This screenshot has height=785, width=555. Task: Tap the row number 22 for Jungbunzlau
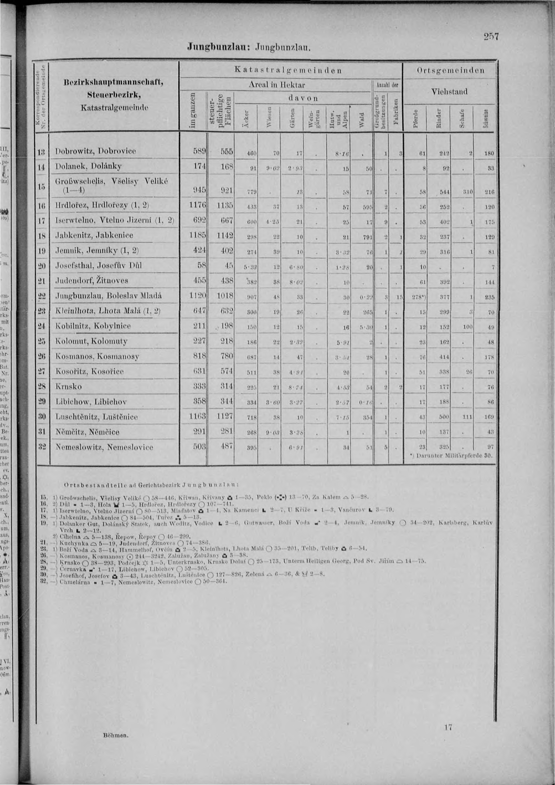coord(42,295)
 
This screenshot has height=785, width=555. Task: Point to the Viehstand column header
coord(449,92)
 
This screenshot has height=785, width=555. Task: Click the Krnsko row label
coord(68,387)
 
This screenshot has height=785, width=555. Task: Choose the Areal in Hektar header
coord(276,84)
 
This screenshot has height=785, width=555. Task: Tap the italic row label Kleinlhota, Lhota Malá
coord(108,311)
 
